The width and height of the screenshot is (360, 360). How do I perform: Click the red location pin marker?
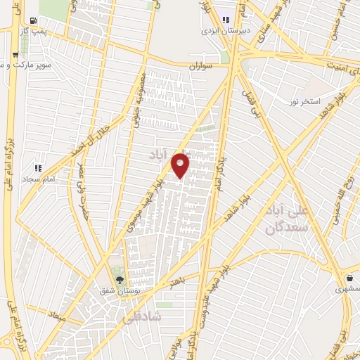pos(181,165)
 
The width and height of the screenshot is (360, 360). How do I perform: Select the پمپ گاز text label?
pos(32,32)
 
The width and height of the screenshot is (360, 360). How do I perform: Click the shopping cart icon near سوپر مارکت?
pos(15,54)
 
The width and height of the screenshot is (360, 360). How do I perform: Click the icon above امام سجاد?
pos(38,169)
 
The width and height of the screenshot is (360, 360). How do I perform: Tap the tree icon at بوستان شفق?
pos(118,279)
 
